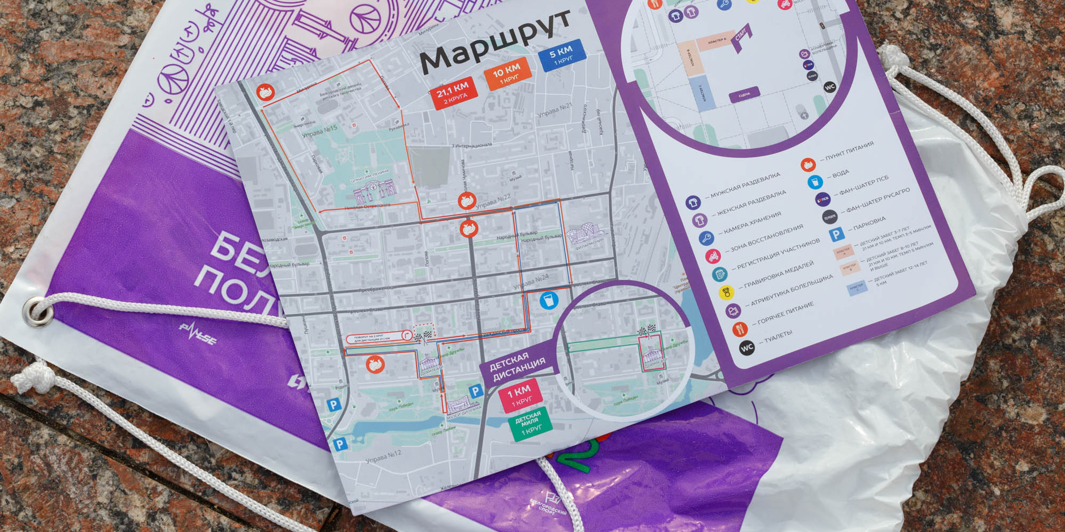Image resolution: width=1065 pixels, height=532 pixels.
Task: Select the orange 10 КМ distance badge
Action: (508, 74)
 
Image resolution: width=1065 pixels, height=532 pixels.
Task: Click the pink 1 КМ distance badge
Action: (520, 395)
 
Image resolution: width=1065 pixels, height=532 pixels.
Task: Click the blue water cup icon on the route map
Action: (549, 300)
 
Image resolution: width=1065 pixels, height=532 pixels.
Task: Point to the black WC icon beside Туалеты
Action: (747, 347)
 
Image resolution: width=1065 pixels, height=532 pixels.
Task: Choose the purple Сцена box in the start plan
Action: (744, 95)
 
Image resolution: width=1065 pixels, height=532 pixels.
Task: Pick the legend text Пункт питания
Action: (849, 152)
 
